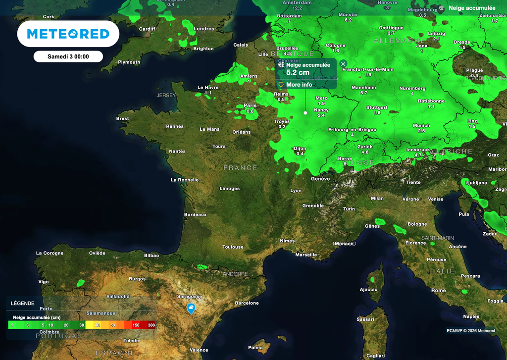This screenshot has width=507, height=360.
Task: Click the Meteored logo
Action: [x=68, y=34]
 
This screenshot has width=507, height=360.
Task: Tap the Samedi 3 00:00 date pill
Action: [x=68, y=56]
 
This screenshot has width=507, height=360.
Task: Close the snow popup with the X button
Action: [x=343, y=64]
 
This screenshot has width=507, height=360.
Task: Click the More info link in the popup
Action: [x=299, y=85]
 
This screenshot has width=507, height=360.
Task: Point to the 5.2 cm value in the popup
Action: [x=298, y=72]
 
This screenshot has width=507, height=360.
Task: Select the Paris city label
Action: [x=250, y=105]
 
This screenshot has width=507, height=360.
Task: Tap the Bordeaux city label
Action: [x=195, y=214]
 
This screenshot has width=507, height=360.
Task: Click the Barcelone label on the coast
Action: [x=247, y=303]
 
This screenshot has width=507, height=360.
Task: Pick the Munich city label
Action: [x=421, y=125]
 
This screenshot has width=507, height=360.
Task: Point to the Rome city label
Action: [x=438, y=290]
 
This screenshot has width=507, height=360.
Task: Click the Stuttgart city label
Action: [x=377, y=107]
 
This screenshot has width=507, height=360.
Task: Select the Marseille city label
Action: [x=306, y=255]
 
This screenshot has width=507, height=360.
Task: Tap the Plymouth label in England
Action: [x=129, y=62]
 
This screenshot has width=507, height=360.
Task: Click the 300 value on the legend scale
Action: [x=151, y=325]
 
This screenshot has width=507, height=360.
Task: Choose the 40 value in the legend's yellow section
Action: [x=97, y=325]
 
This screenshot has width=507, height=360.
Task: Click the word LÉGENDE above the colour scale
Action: [x=23, y=303]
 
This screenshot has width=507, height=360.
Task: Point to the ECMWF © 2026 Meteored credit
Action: [x=470, y=331]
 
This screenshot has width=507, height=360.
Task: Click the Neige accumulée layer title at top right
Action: [x=472, y=8]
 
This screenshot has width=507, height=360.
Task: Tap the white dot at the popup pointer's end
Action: [x=305, y=113]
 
